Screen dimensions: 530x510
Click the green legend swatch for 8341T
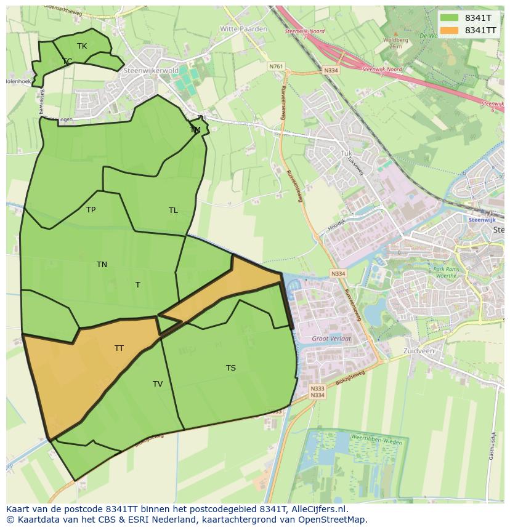tap(449, 18)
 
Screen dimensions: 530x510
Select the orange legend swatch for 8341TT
tap(449, 30)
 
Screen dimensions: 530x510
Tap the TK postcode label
tap(82, 46)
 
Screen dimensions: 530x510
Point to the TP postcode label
tap(91, 210)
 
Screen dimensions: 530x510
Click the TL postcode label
tap(173, 211)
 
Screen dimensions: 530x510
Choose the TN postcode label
tap(102, 265)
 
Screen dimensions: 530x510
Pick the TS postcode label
tap(230, 368)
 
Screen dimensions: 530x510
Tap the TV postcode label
tap(158, 384)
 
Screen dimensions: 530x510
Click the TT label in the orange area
tap(119, 348)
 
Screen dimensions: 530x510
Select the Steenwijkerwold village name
tap(151, 71)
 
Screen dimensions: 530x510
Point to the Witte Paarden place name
tap(243, 29)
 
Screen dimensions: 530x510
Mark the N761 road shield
tap(276, 66)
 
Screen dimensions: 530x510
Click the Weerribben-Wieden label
tap(376, 441)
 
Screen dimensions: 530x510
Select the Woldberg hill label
tap(395, 41)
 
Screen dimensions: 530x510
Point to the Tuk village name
tap(346, 153)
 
